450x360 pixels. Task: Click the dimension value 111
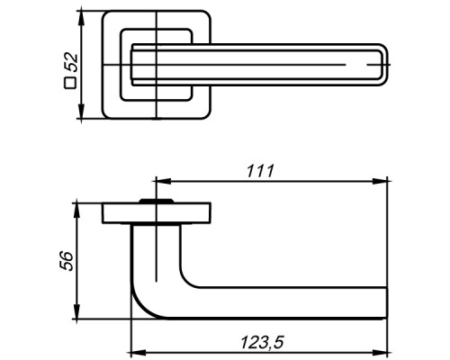260,171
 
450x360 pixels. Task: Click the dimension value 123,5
262,342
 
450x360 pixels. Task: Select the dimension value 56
67,261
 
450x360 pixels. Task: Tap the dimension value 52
71,63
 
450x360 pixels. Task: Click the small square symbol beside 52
70,83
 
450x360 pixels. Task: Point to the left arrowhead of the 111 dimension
163,181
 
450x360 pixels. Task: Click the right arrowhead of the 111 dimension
380,181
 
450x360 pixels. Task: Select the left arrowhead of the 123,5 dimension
139,352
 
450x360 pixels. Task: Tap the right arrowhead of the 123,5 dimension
380,352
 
